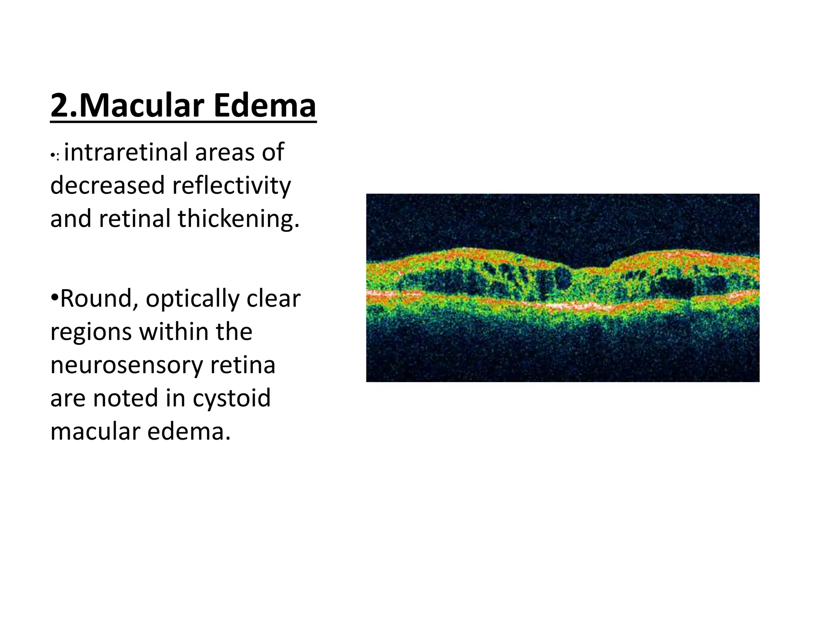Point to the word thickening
239,219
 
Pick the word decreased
108,186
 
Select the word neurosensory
126,365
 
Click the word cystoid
231,398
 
